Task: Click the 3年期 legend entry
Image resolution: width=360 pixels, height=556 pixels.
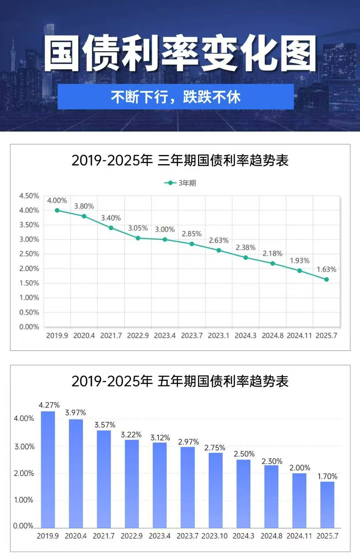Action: pos(180,183)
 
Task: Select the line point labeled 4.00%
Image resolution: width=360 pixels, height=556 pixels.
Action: pos(57,210)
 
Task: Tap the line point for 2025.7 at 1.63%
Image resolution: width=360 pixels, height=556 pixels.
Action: pos(326,279)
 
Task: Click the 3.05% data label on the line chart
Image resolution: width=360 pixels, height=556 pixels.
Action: pos(138,228)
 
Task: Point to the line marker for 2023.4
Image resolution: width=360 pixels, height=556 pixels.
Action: pos(165,240)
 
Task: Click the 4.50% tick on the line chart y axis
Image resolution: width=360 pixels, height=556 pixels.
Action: pos(29,196)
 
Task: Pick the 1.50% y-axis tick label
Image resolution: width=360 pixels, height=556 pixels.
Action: pos(29,283)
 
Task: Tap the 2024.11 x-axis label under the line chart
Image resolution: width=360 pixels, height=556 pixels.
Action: pos(299,335)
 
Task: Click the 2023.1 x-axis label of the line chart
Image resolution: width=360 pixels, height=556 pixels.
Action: pos(218,335)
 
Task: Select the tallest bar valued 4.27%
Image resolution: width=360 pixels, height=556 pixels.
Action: pos(48,470)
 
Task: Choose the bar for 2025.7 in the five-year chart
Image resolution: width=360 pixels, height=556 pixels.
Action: pos(327,505)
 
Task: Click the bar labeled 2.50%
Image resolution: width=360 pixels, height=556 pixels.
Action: pos(243,494)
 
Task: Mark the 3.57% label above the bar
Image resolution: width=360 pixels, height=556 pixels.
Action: pos(105,425)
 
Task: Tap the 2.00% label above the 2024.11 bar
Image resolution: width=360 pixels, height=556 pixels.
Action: pos(299,468)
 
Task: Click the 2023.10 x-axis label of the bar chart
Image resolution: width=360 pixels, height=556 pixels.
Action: pos(214,536)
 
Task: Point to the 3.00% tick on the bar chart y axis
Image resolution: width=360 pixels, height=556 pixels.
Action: pos(24,447)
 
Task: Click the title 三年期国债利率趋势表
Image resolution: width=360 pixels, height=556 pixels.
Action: pos(180,160)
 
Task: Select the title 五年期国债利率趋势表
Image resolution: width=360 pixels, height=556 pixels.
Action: pos(180,381)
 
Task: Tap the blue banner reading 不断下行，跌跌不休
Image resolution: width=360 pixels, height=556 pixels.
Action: pos(175,97)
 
